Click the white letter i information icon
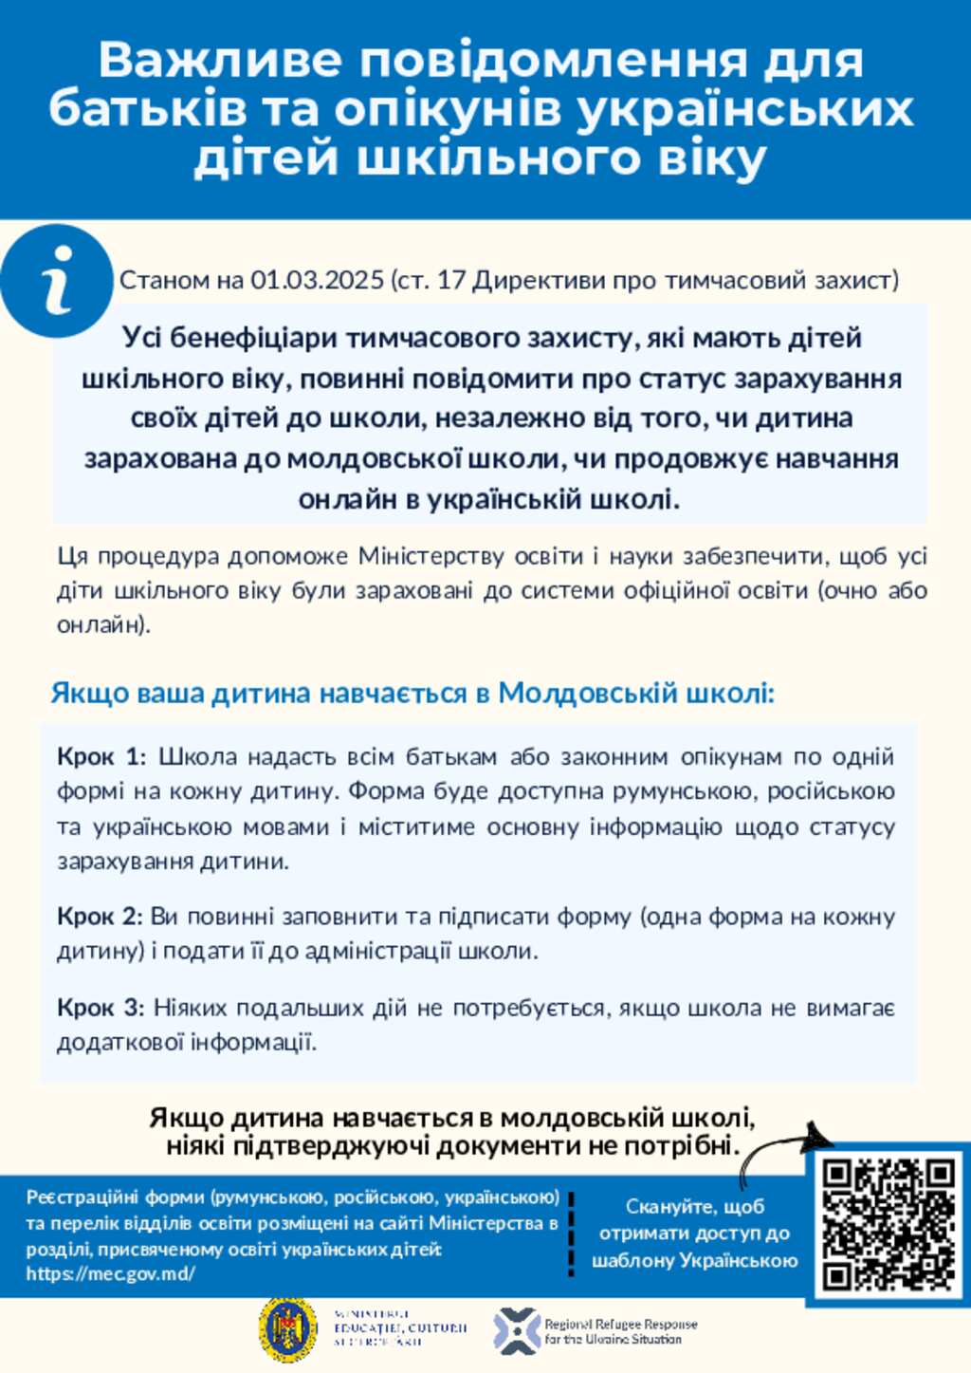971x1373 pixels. pos(57,281)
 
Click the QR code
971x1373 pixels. pos(889,1224)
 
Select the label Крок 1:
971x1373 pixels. pos(101,757)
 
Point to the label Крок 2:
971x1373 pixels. pos(100,917)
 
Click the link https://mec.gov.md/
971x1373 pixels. pos(111,1274)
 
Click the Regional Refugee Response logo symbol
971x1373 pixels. pos(517,1330)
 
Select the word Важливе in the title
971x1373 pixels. pos(219,61)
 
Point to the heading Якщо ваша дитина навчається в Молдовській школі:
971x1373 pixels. pos(412,694)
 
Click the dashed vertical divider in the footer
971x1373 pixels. pos(572,1234)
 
